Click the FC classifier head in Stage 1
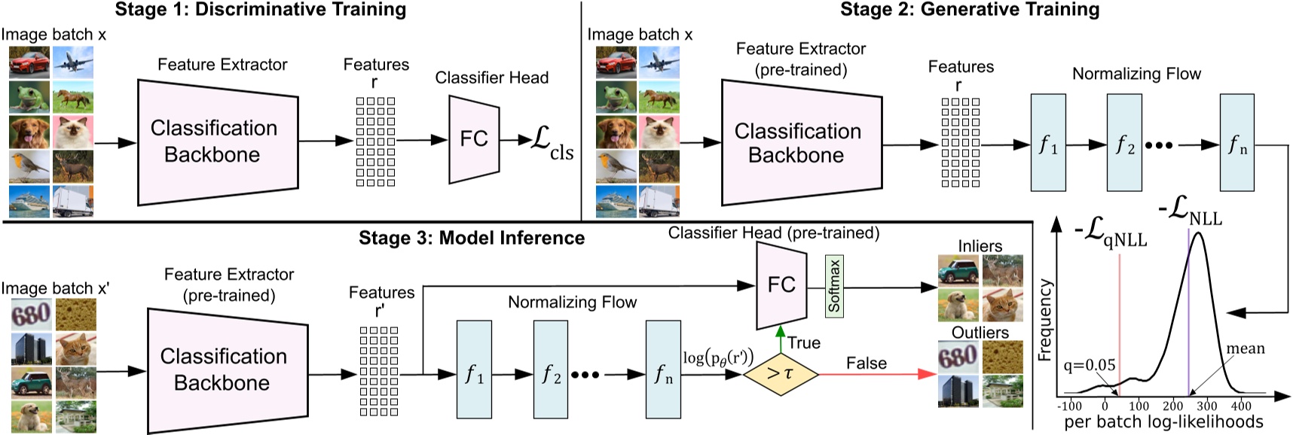[x=473, y=139]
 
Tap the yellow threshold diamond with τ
[x=780, y=373]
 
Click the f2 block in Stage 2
[x=1124, y=144]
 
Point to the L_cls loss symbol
[x=552, y=142]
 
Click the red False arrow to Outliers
[x=874, y=373]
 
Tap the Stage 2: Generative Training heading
[x=969, y=10]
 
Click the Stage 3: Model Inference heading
[x=472, y=238]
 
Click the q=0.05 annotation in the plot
[x=1089, y=366]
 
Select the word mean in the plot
[x=1245, y=349]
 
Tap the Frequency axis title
[x=1045, y=320]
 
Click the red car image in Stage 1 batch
[x=29, y=62]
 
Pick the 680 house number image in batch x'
[x=30, y=315]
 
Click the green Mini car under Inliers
[x=958, y=271]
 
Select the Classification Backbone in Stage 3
[x=222, y=370]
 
